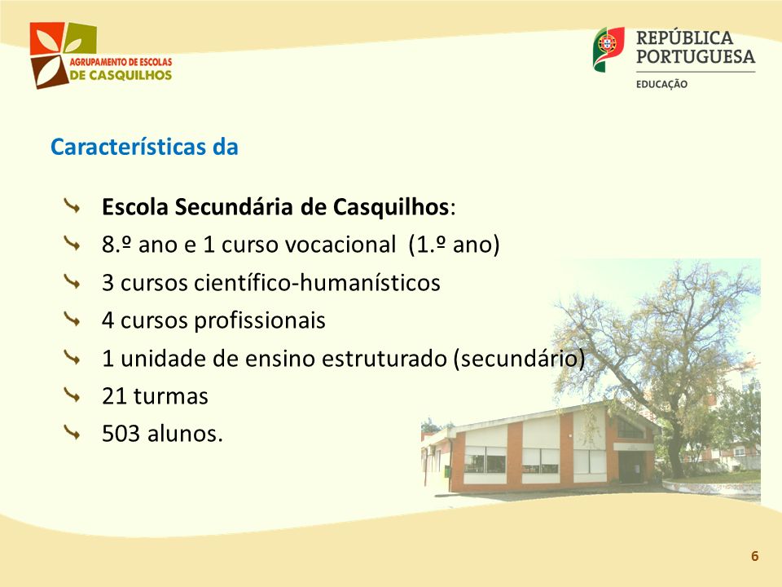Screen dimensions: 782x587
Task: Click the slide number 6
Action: click(754, 556)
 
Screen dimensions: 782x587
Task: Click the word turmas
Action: click(170, 396)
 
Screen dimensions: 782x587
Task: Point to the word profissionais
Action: click(259, 320)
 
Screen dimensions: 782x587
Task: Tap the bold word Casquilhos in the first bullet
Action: click(391, 207)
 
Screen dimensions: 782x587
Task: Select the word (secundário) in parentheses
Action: click(519, 359)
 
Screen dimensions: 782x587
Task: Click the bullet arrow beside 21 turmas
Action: click(72, 395)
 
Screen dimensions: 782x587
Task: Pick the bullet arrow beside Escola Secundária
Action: click(72, 205)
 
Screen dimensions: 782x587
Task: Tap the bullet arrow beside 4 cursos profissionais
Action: click(72, 320)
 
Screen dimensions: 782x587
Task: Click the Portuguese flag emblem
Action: click(608, 49)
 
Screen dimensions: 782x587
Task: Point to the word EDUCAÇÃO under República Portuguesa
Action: click(661, 84)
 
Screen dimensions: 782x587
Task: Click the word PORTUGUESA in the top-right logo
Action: click(695, 56)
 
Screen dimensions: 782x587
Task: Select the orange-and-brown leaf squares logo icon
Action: click(63, 55)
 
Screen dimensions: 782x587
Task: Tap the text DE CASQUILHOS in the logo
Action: click(121, 75)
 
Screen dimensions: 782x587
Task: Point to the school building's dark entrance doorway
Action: click(630, 466)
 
